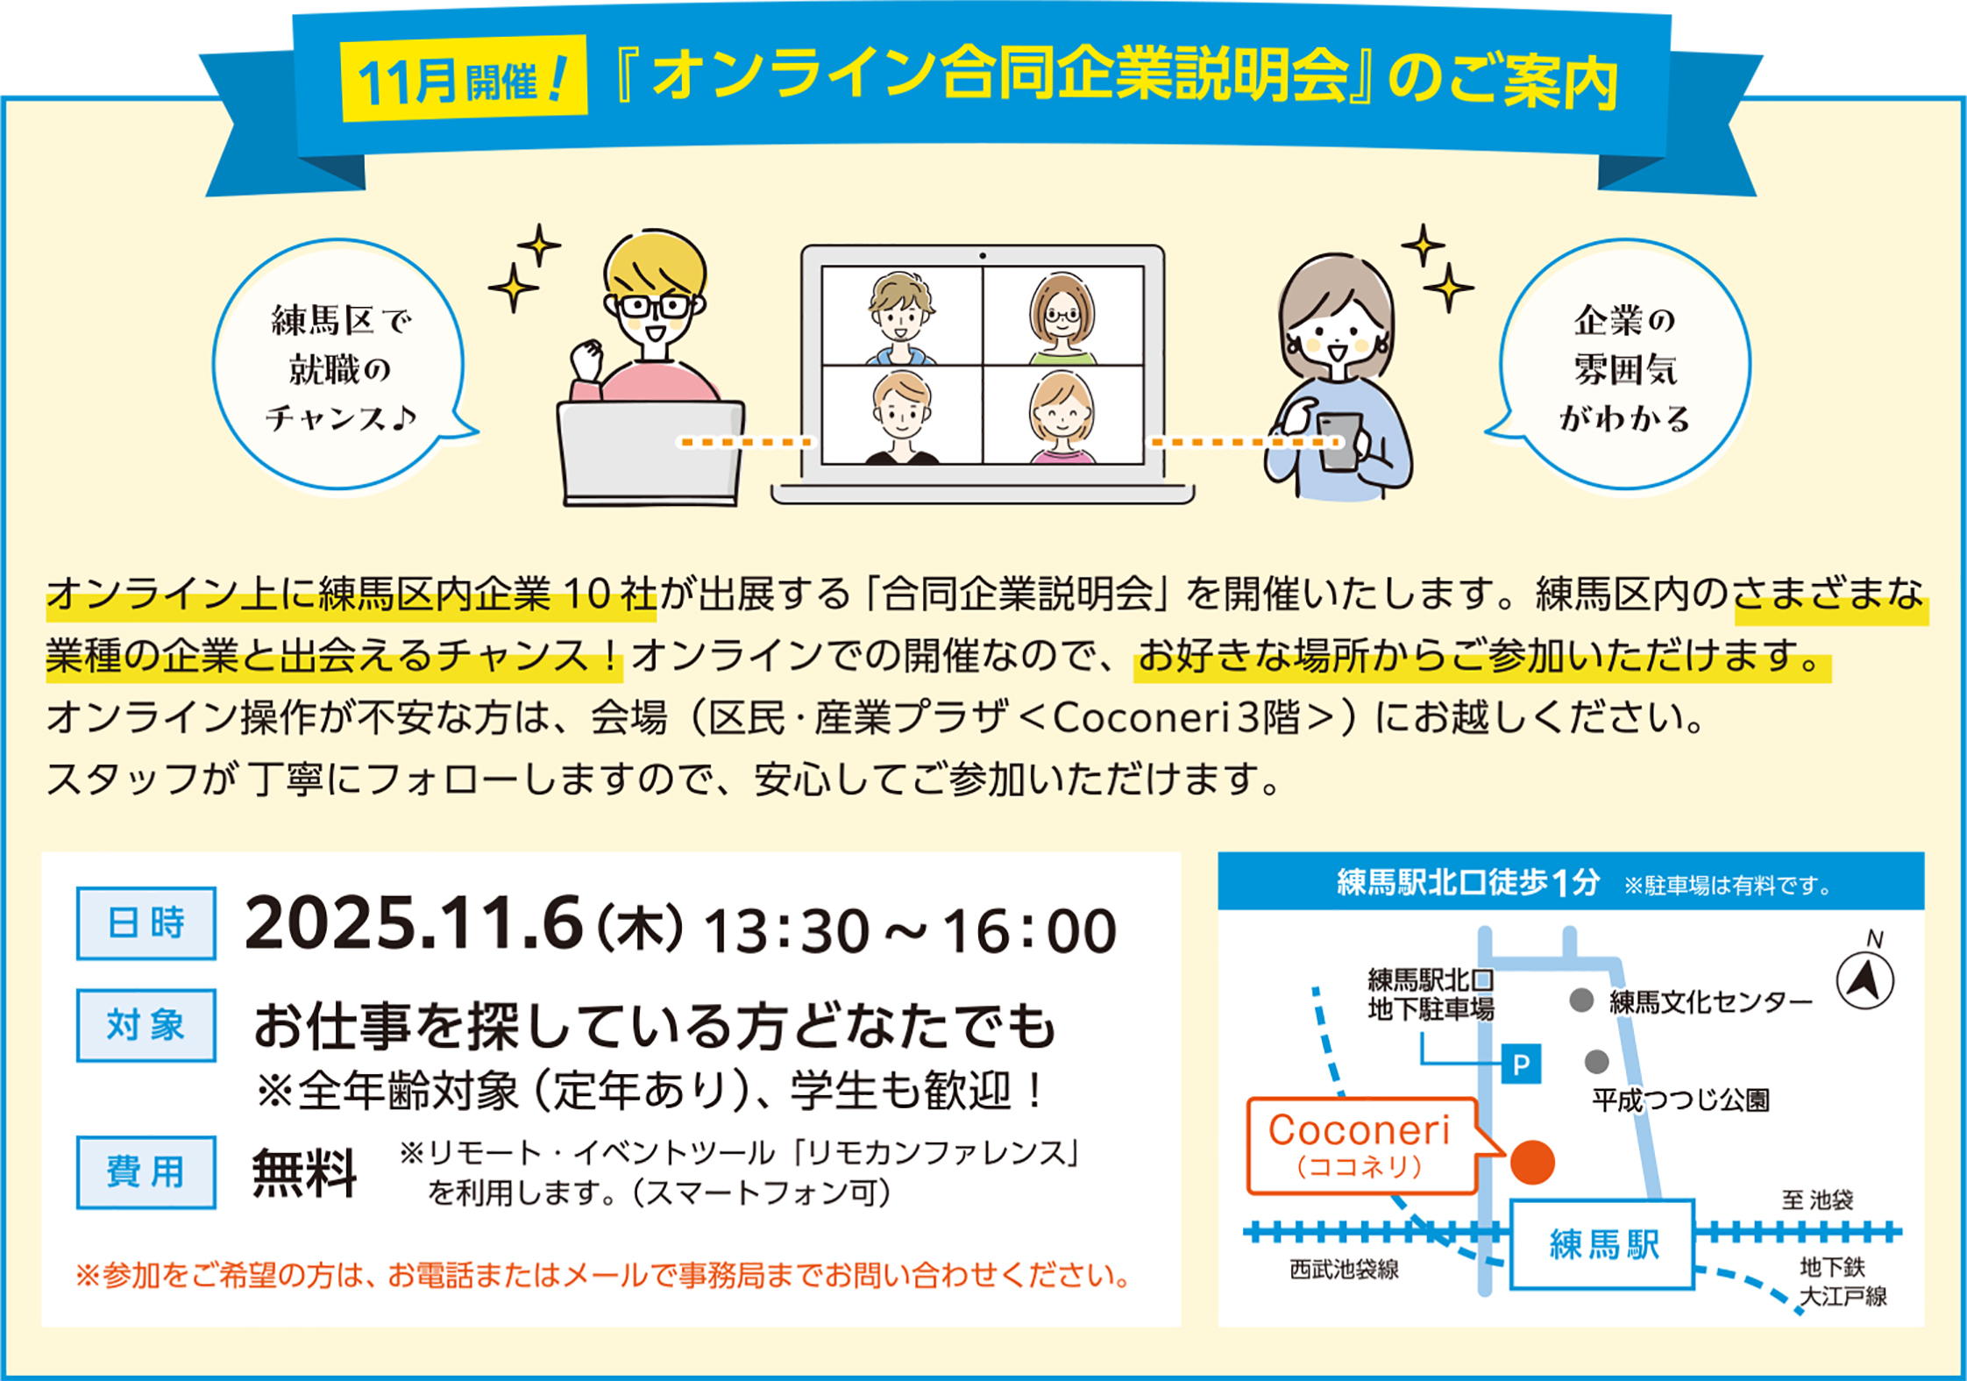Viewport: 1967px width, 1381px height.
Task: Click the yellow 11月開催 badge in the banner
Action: click(464, 79)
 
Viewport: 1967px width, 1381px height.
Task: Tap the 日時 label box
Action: click(146, 923)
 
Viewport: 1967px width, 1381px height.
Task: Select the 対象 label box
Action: click(146, 1025)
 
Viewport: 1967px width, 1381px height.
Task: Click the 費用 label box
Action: click(146, 1172)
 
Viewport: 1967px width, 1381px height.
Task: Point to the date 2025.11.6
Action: click(415, 923)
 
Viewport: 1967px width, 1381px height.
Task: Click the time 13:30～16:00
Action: click(911, 930)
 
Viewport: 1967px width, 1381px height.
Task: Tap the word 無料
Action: click(304, 1172)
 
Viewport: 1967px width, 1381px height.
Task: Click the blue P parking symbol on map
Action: click(1521, 1064)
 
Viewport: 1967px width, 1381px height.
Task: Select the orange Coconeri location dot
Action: click(1532, 1163)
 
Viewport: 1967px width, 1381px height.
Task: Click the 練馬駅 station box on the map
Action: click(1602, 1244)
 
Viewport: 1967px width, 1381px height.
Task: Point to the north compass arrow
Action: click(1865, 980)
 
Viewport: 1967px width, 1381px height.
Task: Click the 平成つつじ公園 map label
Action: click(1681, 1100)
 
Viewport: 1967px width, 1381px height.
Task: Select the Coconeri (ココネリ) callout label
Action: click(1360, 1146)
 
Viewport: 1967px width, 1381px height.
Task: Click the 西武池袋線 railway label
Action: click(1344, 1270)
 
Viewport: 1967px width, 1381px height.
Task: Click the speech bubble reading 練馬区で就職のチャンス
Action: click(340, 365)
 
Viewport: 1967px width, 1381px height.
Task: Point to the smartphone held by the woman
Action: click(1339, 442)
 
